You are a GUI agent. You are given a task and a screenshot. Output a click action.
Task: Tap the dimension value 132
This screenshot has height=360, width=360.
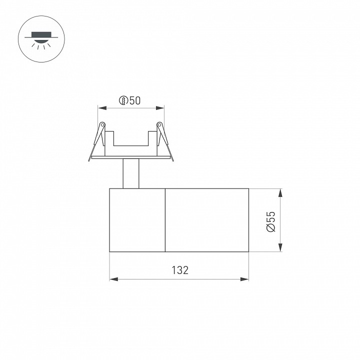coord(179,270)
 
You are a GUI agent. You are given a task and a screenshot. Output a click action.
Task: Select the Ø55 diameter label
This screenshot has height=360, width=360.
coord(270,220)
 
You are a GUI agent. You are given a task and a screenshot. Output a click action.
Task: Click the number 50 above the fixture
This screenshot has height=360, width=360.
coord(134,100)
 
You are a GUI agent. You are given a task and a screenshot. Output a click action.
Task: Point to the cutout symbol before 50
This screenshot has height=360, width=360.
coord(123,100)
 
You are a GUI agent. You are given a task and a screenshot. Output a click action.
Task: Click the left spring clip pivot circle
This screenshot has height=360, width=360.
coord(102,124)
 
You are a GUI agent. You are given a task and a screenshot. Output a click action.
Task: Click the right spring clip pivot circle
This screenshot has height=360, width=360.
coord(159,124)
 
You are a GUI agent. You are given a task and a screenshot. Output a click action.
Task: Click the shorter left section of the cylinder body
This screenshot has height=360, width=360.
coord(137,220)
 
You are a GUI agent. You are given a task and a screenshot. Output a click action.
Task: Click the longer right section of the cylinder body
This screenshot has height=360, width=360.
coord(206,220)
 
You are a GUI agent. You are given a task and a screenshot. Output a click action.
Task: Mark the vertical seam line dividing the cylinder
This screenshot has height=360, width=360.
coord(165,220)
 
